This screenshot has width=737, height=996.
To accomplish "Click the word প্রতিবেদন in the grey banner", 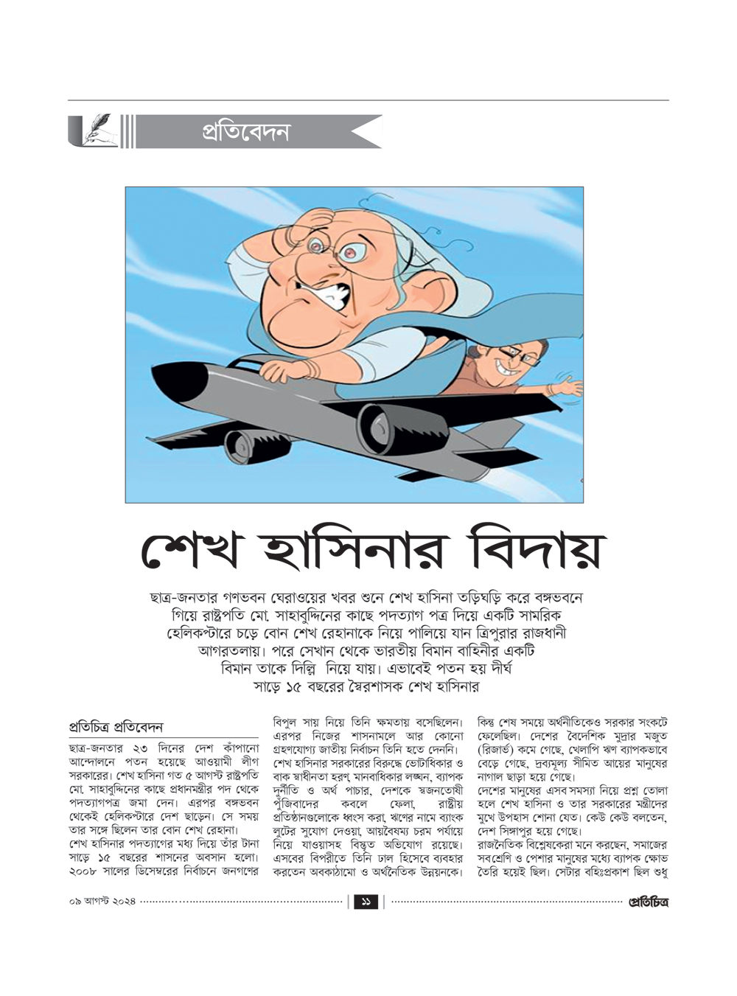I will point(245,132).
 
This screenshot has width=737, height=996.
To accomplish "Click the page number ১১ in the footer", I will point(366,902).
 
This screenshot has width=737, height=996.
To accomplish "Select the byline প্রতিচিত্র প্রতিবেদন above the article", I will point(116,726).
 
